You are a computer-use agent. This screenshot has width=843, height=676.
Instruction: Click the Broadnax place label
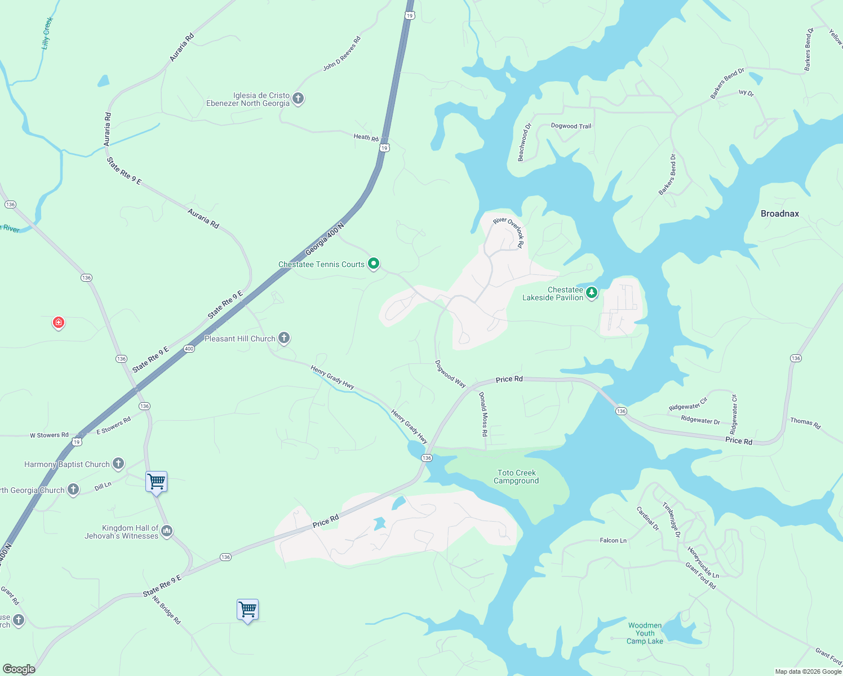779,214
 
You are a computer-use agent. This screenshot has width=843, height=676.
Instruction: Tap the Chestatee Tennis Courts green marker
373,264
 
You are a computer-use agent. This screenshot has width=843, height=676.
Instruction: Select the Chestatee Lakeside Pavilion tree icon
591,293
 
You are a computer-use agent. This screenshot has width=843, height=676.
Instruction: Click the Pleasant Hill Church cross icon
284,338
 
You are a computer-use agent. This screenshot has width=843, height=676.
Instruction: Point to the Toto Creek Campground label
516,477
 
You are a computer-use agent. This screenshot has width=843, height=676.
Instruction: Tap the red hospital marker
59,323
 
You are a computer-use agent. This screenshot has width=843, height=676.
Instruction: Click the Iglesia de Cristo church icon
298,99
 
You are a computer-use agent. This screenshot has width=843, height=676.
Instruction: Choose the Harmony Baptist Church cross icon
118,464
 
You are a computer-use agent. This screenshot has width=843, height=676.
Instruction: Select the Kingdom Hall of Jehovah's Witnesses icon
166,531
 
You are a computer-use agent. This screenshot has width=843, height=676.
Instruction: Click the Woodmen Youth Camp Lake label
645,633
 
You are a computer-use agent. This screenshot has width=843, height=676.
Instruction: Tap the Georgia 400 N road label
324,239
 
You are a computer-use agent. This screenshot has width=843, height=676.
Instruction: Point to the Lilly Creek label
47,33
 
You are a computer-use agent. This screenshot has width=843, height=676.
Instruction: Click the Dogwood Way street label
450,374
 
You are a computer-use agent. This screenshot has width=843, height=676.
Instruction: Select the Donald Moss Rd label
483,415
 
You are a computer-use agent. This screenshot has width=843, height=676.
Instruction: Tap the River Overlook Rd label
509,232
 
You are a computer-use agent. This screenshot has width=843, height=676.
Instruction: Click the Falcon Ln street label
613,540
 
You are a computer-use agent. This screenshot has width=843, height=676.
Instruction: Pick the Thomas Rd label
805,423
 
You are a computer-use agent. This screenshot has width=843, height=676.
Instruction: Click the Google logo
19,669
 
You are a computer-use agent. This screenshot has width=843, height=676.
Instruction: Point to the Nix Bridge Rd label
167,610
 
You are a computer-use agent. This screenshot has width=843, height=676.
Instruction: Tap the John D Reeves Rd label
341,54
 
